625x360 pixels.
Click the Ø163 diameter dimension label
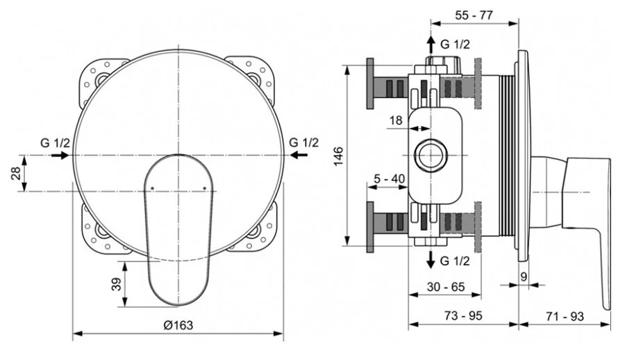(x=178, y=325)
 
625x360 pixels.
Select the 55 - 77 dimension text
(x=474, y=13)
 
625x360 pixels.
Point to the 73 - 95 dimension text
(x=462, y=316)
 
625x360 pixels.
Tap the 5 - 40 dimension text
(x=389, y=179)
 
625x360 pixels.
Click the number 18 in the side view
(x=395, y=120)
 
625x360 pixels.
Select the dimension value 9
(x=523, y=276)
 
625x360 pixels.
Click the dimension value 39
(x=116, y=284)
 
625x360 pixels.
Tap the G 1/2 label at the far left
(x=54, y=142)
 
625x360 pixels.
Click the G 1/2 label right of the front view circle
(x=303, y=142)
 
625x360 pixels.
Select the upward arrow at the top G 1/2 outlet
(x=431, y=43)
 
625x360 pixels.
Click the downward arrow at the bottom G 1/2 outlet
(x=431, y=261)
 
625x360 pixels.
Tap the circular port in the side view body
(x=431, y=154)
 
